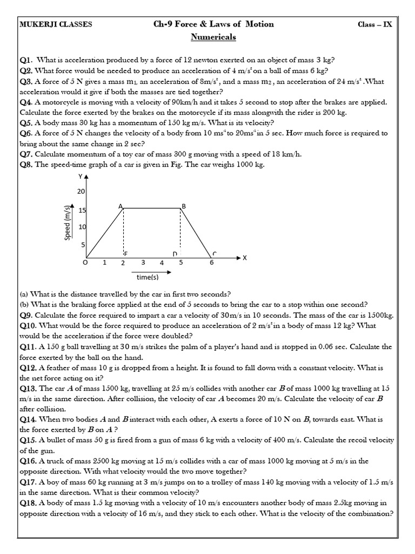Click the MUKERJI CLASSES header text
click(x=56, y=24)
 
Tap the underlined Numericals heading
click(x=213, y=37)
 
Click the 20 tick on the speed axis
click(x=82, y=192)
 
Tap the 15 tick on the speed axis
click(x=82, y=210)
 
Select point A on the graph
click(x=121, y=206)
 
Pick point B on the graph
click(x=184, y=206)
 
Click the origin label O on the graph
click(x=84, y=263)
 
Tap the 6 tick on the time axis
click(x=211, y=263)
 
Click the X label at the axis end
click(x=244, y=258)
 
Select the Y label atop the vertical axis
click(x=81, y=177)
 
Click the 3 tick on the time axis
click(x=143, y=262)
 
